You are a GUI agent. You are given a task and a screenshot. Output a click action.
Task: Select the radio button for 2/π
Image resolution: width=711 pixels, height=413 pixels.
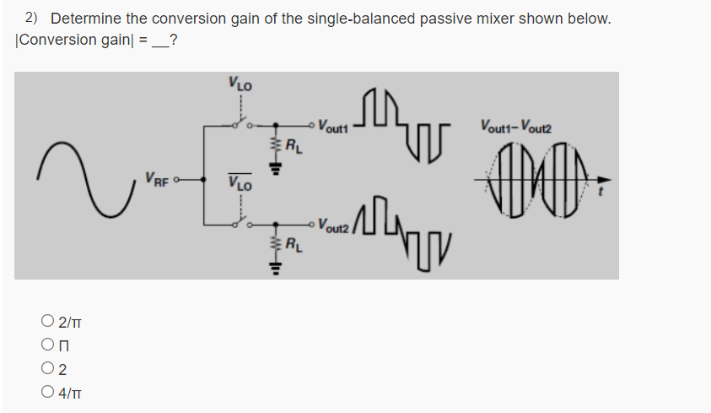(x=47, y=321)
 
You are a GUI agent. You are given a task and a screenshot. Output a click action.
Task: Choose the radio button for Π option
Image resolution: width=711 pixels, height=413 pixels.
(x=47, y=345)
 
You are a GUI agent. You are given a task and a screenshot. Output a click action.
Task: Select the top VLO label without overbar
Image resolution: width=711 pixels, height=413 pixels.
(x=240, y=84)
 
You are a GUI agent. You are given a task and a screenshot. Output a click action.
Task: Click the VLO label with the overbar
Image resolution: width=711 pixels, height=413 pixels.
(x=240, y=181)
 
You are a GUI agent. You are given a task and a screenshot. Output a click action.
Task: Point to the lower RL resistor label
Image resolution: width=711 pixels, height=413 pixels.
(x=291, y=247)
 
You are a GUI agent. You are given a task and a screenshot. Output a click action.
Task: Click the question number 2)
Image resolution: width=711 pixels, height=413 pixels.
(x=32, y=18)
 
